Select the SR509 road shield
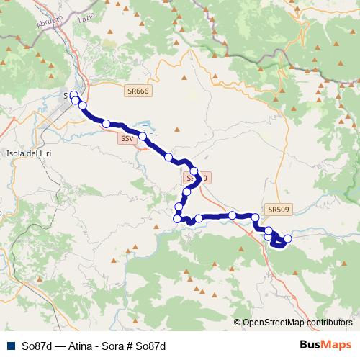[x=278, y=210]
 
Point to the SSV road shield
[x=127, y=138]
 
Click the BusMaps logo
[x=325, y=345]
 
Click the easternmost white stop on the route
[x=287, y=238]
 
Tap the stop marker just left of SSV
[x=106, y=124]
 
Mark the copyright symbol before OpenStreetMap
[x=237, y=323]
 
